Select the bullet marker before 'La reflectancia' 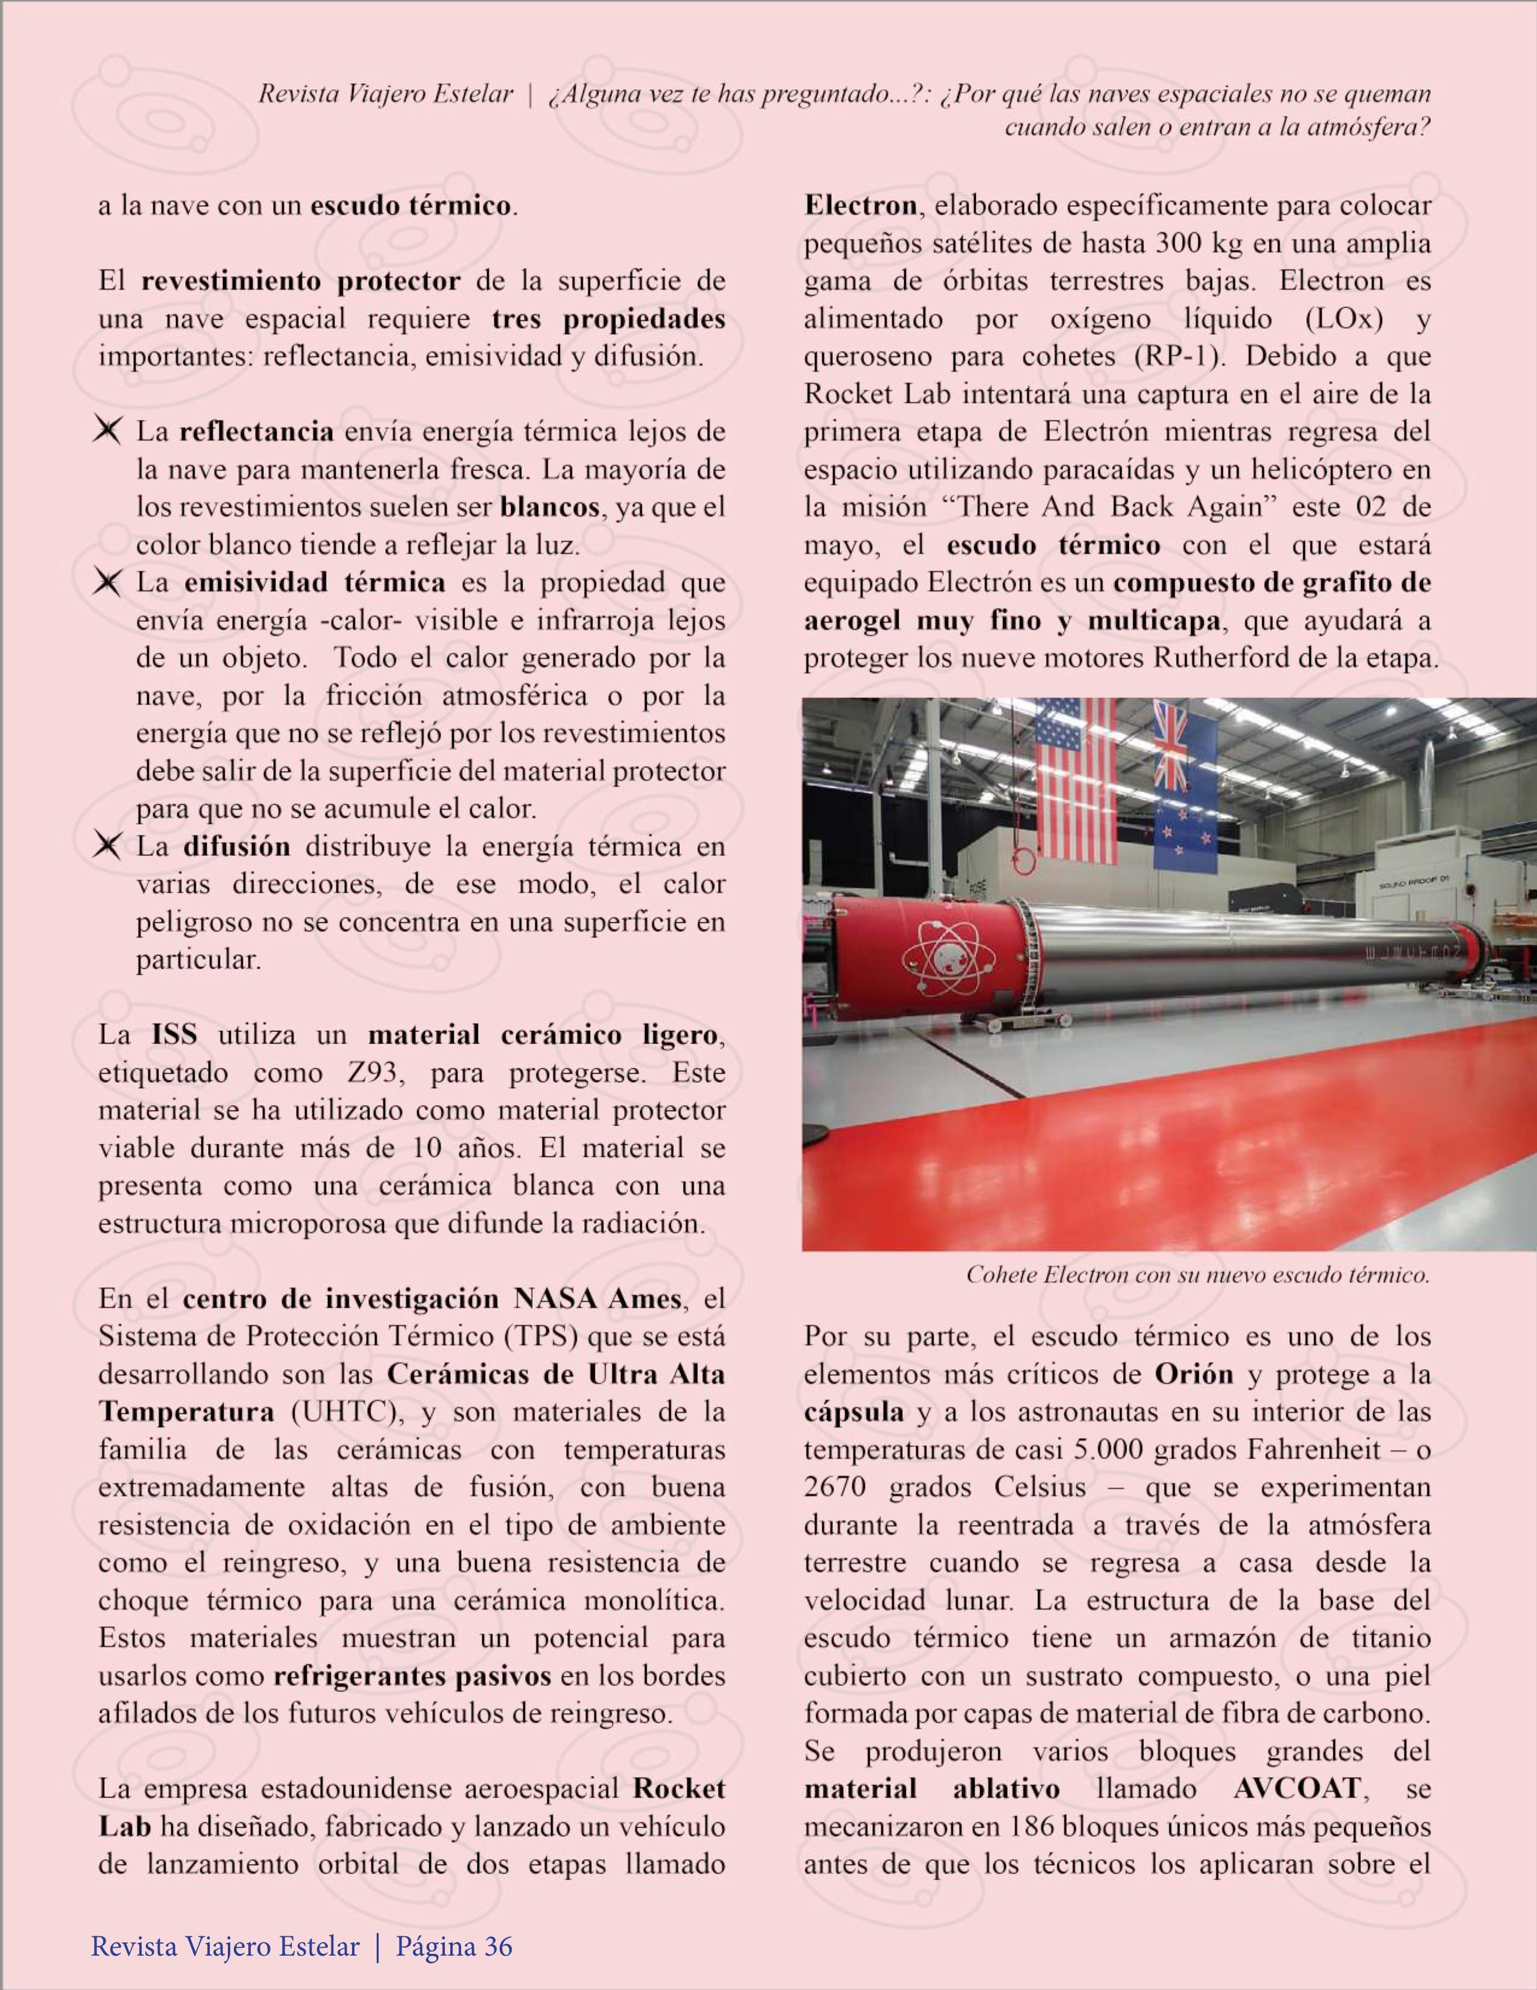pyautogui.click(x=107, y=431)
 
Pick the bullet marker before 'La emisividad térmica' pyautogui.click(x=107, y=582)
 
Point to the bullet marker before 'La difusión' pyautogui.click(x=107, y=846)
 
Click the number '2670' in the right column pyautogui.click(x=835, y=1488)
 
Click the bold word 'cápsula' pyautogui.click(x=853, y=1412)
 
